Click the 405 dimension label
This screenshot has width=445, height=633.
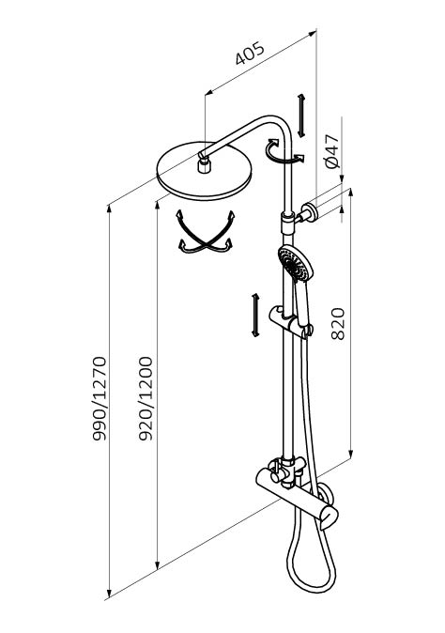250,53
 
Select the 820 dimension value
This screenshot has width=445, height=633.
338,324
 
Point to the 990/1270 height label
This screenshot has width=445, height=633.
100,398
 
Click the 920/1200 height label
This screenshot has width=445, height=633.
146,398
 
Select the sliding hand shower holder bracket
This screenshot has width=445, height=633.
291,321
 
